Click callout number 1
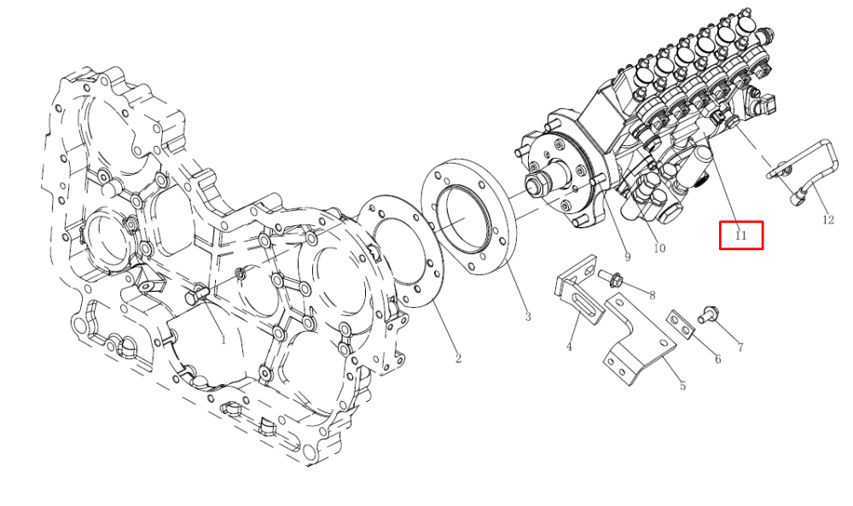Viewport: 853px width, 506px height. coord(223,340)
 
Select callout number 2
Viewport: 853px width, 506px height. coord(458,358)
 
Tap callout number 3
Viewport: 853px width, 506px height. coord(528,316)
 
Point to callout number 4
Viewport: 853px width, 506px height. coord(569,346)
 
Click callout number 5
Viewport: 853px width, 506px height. coord(682,386)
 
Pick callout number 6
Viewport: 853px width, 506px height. coord(717,359)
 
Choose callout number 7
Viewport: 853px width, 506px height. coord(740,347)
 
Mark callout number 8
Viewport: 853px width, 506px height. coord(652,295)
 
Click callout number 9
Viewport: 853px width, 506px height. coord(627,258)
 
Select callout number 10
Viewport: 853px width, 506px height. coord(659,248)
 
